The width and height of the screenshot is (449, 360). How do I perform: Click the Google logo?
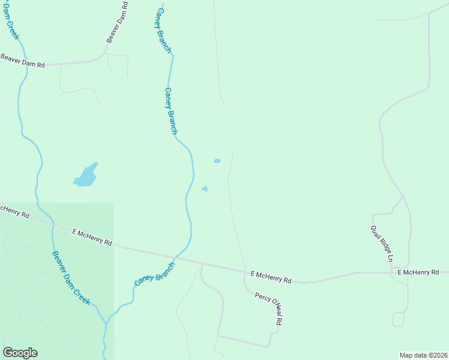click(20, 353)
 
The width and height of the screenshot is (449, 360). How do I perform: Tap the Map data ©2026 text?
click(423, 355)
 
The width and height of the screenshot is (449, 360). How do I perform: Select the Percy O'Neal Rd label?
click(268, 308)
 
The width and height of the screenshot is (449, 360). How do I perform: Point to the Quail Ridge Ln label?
click(381, 244)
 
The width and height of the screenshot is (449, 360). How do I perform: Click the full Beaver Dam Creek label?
click(71, 278)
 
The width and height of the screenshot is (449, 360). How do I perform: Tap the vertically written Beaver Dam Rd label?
click(117, 22)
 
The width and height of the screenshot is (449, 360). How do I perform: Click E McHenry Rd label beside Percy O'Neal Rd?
click(271, 277)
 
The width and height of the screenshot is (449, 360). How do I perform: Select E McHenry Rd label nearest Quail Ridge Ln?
click(418, 272)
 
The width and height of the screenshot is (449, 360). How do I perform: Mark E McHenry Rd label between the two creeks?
click(92, 237)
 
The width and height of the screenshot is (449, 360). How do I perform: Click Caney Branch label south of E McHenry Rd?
click(154, 274)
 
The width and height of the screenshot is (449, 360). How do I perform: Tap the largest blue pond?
click(85, 176)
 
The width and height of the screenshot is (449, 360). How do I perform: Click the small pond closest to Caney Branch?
click(205, 189)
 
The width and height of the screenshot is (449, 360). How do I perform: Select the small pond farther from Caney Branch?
click(217, 161)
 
